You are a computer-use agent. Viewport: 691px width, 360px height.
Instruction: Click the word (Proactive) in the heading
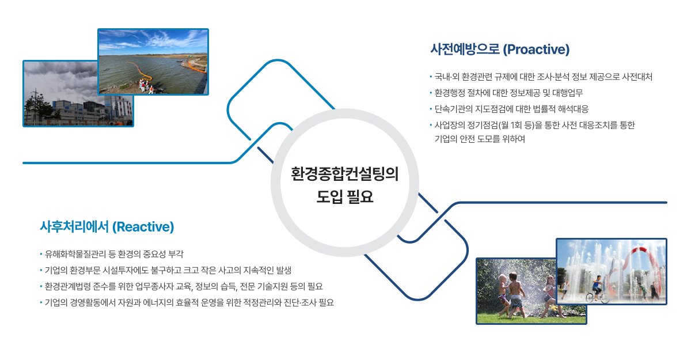[x=536, y=50]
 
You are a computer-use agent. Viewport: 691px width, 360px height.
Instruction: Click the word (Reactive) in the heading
[x=143, y=227]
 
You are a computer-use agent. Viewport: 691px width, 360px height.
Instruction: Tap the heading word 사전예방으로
[x=465, y=50]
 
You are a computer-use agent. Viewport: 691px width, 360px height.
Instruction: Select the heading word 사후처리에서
[x=74, y=227]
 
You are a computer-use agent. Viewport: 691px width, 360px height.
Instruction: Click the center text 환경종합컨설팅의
[x=345, y=174]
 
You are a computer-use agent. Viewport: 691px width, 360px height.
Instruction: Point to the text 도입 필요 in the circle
[x=345, y=196]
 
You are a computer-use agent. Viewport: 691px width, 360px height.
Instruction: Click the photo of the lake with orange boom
[x=153, y=62]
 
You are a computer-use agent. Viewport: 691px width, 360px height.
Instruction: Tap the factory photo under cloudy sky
[x=78, y=93]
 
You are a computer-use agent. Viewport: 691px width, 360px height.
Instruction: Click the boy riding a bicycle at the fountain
[x=597, y=290]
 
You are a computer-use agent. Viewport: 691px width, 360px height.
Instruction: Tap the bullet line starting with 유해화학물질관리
[x=112, y=254]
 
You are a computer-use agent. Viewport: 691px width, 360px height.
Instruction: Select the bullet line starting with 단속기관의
[x=509, y=109]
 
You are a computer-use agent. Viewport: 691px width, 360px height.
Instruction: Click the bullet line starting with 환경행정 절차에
[x=506, y=93]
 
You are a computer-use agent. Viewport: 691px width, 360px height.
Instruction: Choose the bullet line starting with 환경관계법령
[x=181, y=287]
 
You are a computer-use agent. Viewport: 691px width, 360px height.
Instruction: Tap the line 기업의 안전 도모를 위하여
[x=480, y=139]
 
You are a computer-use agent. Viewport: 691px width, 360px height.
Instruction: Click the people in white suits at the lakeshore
[x=145, y=86]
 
